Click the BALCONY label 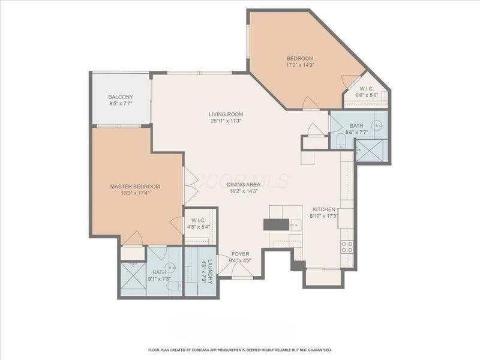click(x=121, y=97)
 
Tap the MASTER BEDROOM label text click(x=134, y=187)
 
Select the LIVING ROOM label click(x=226, y=114)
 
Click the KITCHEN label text click(x=322, y=209)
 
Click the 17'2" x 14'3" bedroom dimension click(x=301, y=65)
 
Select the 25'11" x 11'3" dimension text click(x=226, y=121)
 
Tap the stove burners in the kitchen click(x=346, y=246)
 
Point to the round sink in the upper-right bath click(x=376, y=125)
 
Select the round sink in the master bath click(x=173, y=268)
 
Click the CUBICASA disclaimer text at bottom click(x=240, y=349)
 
